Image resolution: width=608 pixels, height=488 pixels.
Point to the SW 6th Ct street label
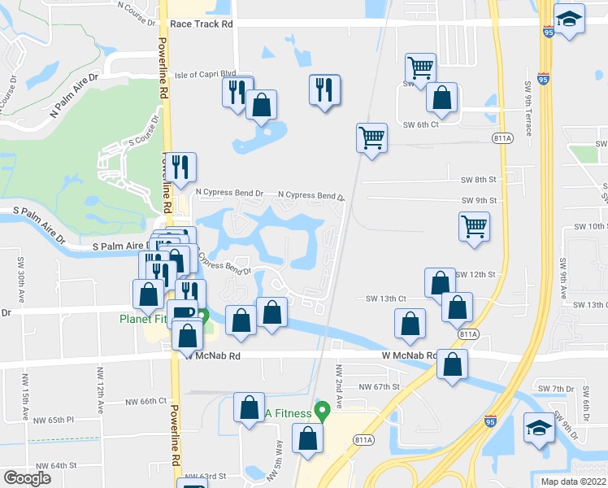(x=420, y=124)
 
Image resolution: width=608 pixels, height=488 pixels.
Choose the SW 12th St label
(x=476, y=275)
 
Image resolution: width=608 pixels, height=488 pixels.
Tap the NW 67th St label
(x=380, y=387)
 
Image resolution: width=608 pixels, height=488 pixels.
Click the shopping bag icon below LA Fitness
(x=308, y=438)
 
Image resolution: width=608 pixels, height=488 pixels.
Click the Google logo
(x=28, y=478)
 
